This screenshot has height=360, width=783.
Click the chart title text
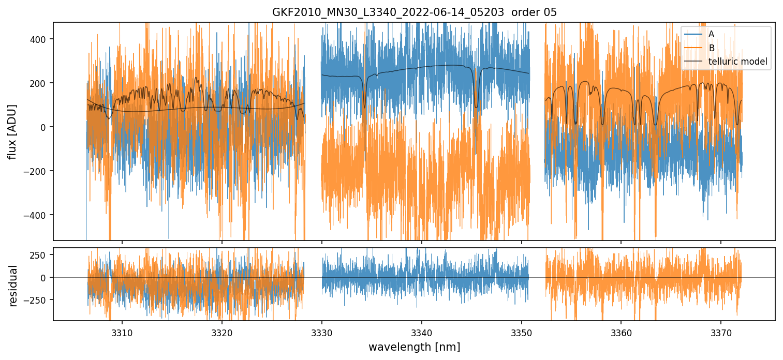(414, 12)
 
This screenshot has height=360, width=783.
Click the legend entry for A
(711, 34)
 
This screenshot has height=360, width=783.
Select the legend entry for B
(711, 48)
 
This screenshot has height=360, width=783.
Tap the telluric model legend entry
(738, 63)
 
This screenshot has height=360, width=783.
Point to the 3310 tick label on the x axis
(122, 331)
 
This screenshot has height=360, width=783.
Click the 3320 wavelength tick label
(222, 331)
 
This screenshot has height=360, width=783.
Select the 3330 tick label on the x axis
(322, 331)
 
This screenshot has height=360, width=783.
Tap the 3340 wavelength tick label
(422, 331)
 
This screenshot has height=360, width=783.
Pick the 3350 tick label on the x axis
(521, 331)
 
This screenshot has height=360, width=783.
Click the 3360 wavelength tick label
(621, 331)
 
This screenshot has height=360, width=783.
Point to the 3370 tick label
(721, 331)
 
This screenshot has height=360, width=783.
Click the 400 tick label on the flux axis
(39, 39)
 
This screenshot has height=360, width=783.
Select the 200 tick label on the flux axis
(39, 83)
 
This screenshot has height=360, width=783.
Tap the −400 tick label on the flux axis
(37, 215)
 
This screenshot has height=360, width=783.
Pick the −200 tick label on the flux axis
(37, 171)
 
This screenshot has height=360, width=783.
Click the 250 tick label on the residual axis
(39, 255)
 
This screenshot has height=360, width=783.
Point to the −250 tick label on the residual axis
(37, 300)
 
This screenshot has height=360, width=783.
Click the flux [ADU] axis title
(12, 131)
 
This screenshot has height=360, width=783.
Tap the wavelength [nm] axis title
(414, 347)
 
